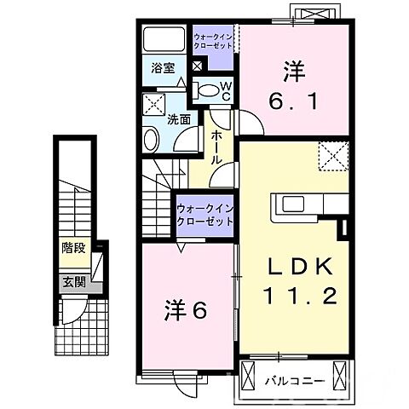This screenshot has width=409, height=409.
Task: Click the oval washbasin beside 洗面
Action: click(x=152, y=140)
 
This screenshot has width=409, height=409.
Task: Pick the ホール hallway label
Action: click(x=216, y=147)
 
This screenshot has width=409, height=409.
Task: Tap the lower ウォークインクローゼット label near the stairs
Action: click(x=204, y=215)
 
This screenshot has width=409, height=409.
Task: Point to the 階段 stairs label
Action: click(x=72, y=249)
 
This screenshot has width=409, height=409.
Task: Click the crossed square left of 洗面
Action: click(x=155, y=105)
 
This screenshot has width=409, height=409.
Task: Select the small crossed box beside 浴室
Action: click(x=198, y=67)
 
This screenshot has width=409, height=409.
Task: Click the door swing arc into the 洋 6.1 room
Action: click(x=245, y=124)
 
